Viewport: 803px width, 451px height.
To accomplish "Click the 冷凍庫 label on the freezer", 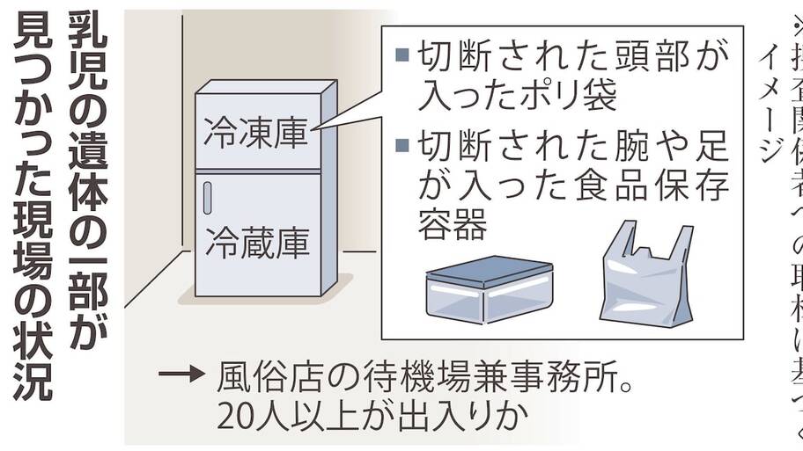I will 256,134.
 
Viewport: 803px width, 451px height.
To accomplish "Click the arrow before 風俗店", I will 181,375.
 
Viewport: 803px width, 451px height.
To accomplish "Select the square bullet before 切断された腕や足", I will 402,146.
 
